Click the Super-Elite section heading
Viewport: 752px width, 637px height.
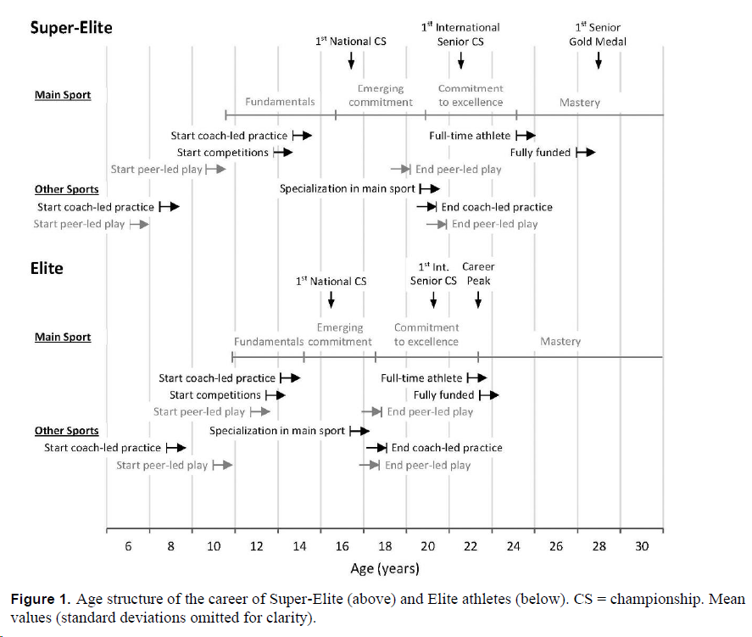[x=71, y=28]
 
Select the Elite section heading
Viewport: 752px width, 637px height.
[x=47, y=268]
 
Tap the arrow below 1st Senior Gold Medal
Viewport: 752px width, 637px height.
[x=599, y=60]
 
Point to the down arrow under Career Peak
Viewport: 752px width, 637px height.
[x=478, y=299]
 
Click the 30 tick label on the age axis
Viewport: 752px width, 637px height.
[x=642, y=546]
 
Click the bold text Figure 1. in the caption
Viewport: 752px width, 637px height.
[x=42, y=600]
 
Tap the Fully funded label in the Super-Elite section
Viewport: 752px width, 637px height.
[x=540, y=153]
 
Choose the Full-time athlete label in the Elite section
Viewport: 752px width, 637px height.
[x=421, y=378]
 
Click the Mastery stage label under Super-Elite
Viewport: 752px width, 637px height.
[x=580, y=103]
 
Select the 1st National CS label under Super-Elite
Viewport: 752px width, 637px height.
[x=350, y=41]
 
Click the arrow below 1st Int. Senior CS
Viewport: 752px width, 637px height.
[x=433, y=299]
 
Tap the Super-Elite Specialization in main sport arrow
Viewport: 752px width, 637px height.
[x=430, y=189]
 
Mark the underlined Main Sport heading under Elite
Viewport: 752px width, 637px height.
[x=63, y=337]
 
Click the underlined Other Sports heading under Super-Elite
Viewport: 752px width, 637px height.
[x=66, y=189]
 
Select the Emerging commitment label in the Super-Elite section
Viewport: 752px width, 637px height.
[x=381, y=95]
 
